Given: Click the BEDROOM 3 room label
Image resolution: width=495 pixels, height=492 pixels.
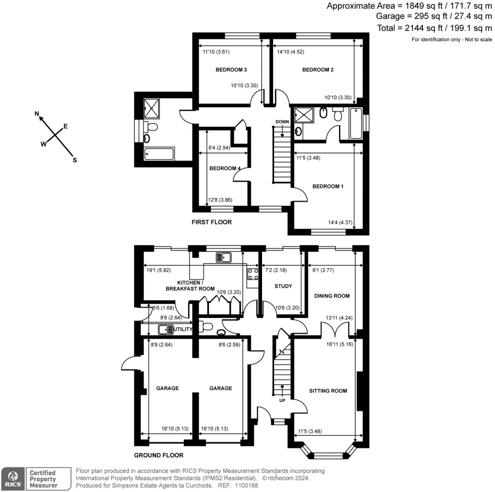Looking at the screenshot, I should point(231,70).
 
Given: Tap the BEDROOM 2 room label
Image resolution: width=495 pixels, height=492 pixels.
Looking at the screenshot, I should point(318,70).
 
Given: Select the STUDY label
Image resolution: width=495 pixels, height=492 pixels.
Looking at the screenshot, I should point(283,286).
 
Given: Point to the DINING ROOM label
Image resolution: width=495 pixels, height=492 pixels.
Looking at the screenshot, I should point(332,296).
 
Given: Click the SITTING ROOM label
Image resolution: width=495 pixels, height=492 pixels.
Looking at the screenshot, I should point(328,391).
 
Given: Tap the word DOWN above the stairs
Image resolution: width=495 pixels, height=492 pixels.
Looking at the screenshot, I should point(282,121).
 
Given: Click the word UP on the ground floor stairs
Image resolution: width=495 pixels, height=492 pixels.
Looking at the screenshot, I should point(282,401).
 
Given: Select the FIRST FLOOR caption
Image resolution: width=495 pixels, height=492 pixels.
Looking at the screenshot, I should point(211,222).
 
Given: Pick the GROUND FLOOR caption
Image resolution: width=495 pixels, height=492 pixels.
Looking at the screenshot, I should point(159,455).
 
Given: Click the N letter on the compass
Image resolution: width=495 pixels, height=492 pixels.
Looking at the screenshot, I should point(37,114).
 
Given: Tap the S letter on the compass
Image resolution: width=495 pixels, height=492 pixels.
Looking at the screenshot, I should point(74,160).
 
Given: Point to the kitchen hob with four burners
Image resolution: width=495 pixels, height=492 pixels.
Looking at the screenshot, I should point(253,275).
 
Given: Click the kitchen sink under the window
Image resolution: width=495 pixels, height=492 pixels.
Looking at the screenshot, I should point(225,257).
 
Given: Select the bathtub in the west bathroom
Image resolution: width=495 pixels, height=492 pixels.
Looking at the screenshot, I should point(159,154).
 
